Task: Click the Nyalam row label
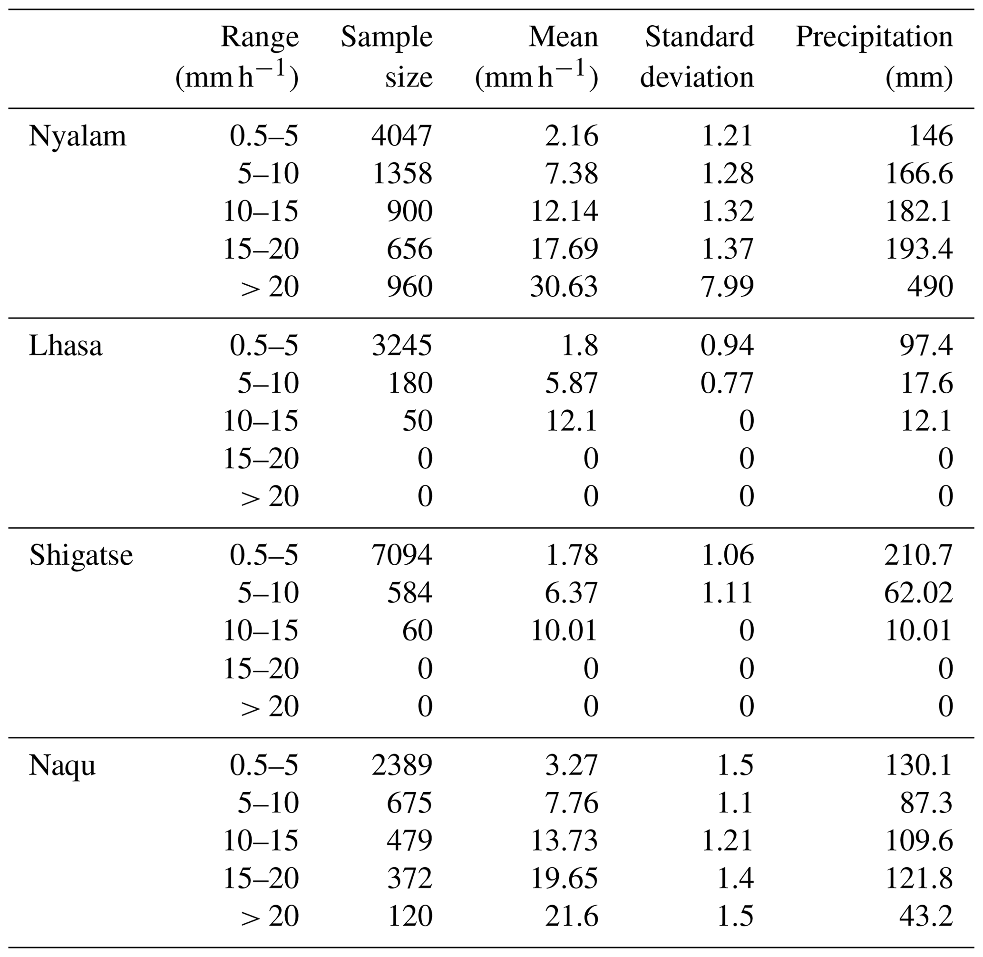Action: pos(77,136)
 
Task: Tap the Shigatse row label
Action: pos(81,555)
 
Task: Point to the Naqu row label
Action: pos(62,766)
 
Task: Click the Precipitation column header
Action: pos(874,56)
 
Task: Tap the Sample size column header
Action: pos(387,56)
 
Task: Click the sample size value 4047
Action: pos(402,136)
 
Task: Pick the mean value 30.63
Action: pos(564,287)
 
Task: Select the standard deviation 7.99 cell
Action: pos(727,287)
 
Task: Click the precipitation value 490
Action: pos(930,287)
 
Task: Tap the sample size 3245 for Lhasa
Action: pos(402,346)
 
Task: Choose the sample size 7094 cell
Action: pos(402,555)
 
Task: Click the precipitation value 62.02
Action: pos(918,593)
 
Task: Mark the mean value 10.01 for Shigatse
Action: pos(564,631)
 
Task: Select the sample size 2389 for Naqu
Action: pos(402,765)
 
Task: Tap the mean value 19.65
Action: pos(564,878)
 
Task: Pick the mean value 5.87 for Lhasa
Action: pos(571,384)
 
